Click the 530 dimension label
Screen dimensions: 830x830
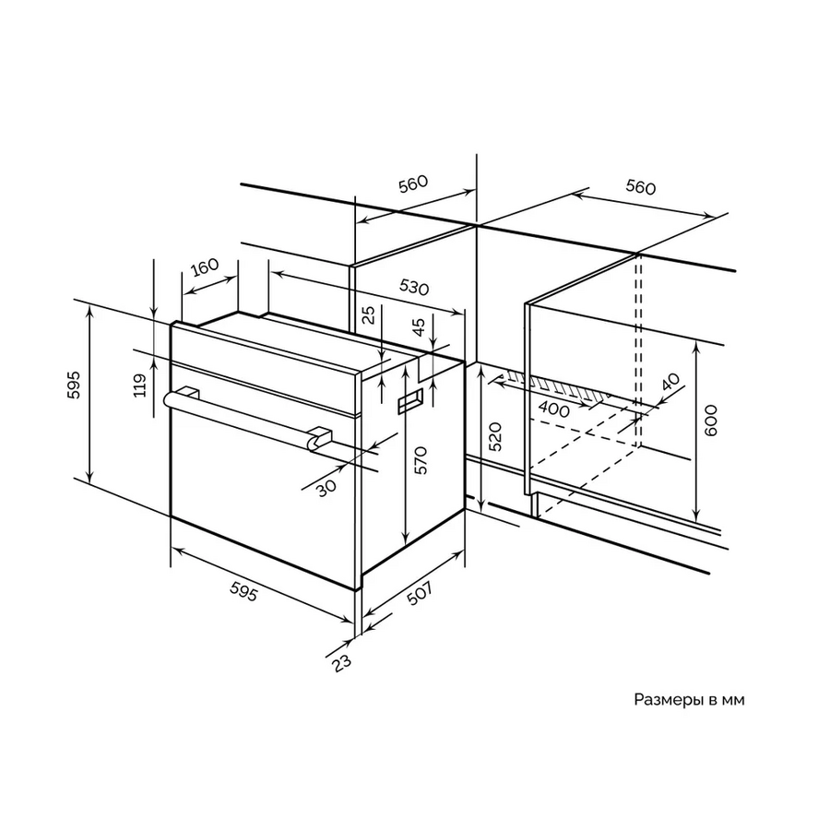point(413,287)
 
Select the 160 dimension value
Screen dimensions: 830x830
point(205,267)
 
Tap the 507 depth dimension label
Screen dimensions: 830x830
point(421,593)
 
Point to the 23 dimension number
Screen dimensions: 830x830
point(342,664)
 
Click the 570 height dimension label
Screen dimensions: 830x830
point(420,460)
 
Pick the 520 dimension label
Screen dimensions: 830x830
point(494,436)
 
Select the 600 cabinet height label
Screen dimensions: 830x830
point(711,421)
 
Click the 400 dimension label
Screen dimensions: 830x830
point(553,409)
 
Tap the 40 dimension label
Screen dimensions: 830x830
point(670,382)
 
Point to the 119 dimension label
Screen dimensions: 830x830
point(139,385)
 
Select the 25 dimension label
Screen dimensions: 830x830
point(370,314)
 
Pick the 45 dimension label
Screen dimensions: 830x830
point(420,326)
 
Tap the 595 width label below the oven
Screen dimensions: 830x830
point(244,591)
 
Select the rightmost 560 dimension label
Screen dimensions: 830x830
point(641,187)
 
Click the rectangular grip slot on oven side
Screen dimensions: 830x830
point(410,401)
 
